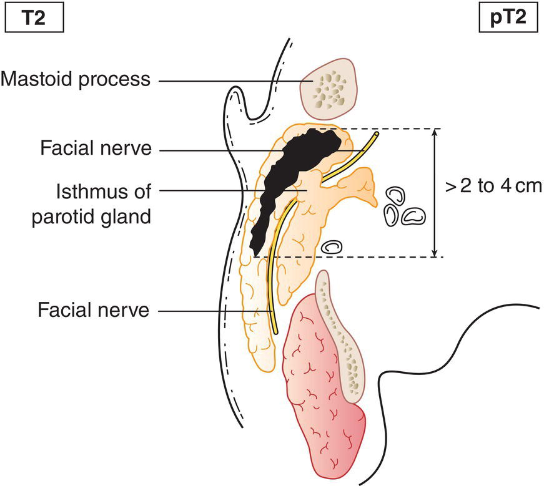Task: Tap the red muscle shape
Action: click(319, 387)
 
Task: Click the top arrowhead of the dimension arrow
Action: click(435, 132)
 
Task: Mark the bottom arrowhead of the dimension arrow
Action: click(435, 253)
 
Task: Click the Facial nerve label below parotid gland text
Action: click(93, 309)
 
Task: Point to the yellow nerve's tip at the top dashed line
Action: click(376, 132)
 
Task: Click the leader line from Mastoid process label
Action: click(231, 80)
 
